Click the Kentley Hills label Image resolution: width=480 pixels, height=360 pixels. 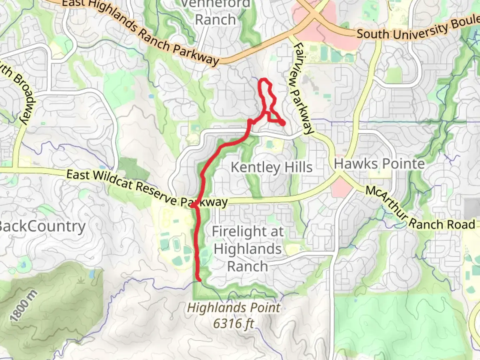(271, 167)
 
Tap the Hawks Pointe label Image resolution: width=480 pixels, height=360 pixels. (379, 164)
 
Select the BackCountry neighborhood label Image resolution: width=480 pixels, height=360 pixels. (41, 226)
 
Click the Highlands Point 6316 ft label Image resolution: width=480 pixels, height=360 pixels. (234, 315)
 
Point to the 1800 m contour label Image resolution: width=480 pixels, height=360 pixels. (24, 306)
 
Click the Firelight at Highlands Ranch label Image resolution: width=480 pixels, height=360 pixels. (247, 249)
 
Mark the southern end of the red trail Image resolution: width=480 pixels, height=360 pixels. (199, 280)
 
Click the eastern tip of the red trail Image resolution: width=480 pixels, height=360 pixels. (283, 123)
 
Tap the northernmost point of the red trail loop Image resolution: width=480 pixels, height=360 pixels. (264, 79)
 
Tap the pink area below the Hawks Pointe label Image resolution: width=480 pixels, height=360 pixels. (342, 186)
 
